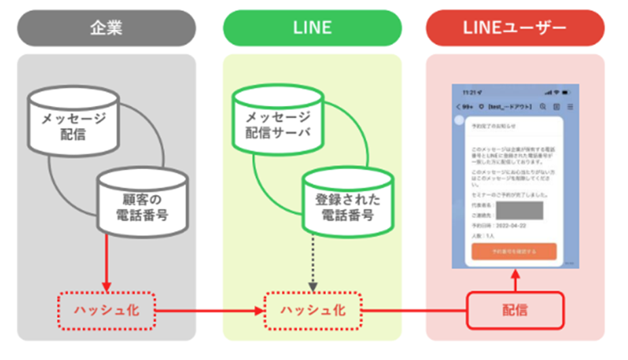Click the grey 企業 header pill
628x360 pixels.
106,28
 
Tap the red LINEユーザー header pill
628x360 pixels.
515,28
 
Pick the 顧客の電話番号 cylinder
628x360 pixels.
143,200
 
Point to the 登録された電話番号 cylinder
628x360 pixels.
348,200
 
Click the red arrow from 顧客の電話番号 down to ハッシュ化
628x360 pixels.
106,262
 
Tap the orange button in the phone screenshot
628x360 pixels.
514,251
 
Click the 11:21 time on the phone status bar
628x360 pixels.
468,92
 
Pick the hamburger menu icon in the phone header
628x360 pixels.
570,107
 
